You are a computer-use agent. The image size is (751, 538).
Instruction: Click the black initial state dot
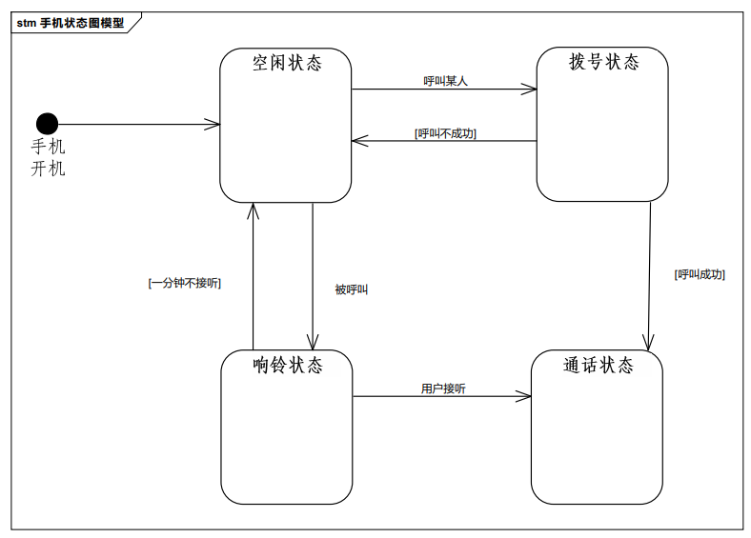(x=47, y=124)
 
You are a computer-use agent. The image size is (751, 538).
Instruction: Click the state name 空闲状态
(x=286, y=63)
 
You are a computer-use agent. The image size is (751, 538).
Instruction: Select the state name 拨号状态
(x=603, y=62)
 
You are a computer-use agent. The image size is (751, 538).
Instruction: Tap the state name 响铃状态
(x=287, y=365)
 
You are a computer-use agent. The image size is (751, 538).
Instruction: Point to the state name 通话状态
(x=598, y=365)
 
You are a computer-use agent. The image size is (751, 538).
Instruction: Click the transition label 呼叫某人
(x=445, y=81)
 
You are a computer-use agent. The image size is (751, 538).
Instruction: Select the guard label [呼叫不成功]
(x=445, y=133)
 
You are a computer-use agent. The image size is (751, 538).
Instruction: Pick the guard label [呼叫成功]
(x=700, y=274)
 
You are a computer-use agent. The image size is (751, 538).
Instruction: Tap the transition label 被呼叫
(x=351, y=289)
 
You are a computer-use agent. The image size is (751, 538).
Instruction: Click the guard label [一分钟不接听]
(x=185, y=283)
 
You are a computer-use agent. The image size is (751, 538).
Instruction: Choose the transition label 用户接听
(x=443, y=389)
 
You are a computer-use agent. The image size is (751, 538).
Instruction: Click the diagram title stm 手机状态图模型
(x=71, y=23)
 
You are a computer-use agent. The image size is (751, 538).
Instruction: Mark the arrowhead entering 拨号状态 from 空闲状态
(x=530, y=90)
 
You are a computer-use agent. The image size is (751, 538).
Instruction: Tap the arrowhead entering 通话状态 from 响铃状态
(x=524, y=396)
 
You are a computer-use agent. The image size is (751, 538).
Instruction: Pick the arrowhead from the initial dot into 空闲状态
(x=213, y=124)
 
